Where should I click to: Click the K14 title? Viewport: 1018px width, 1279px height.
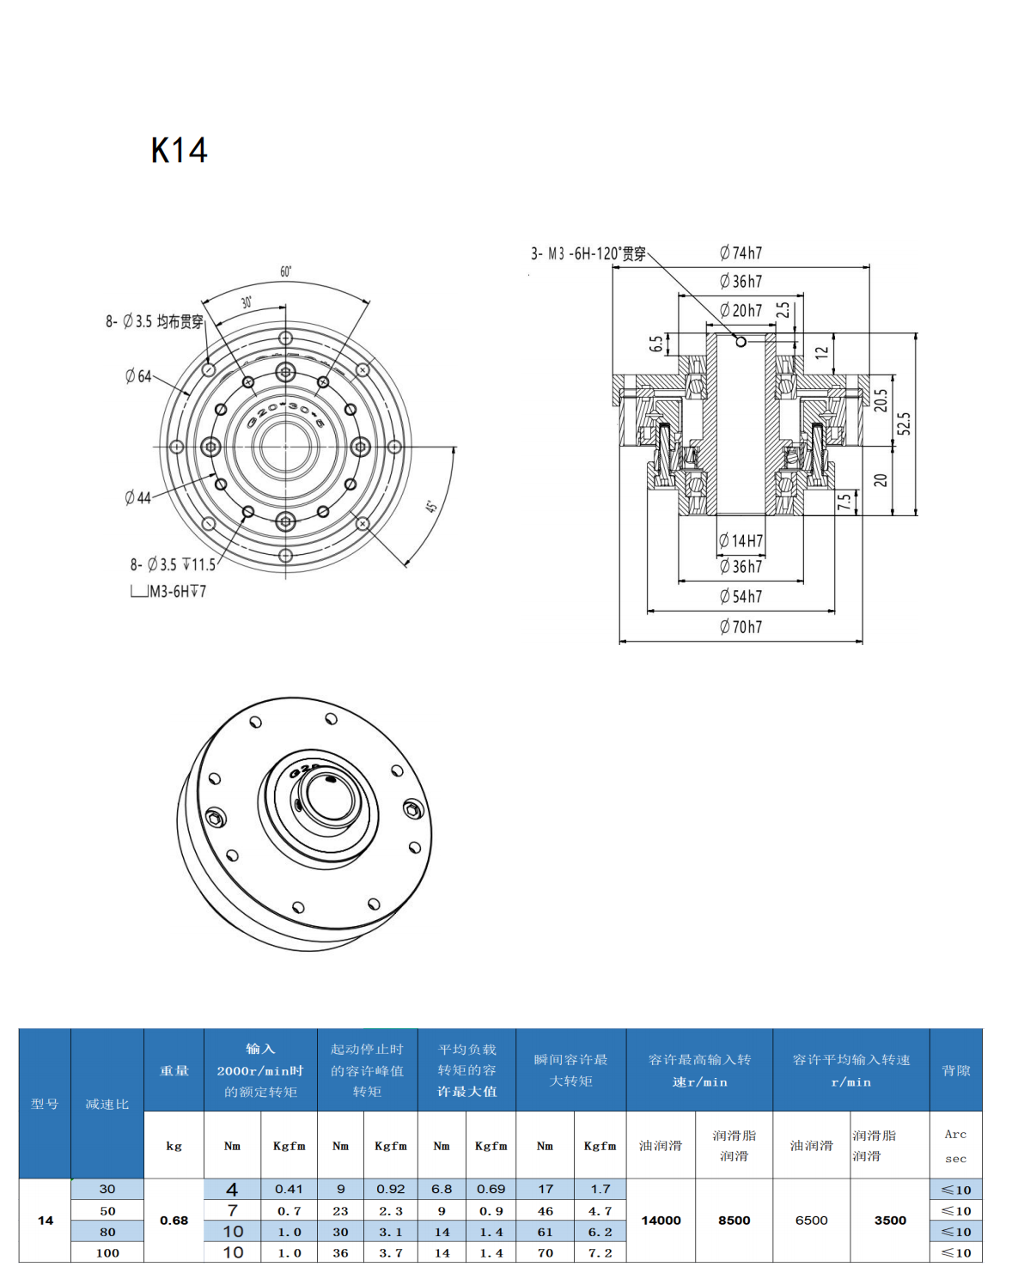pos(179,150)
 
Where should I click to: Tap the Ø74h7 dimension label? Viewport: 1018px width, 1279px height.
pos(741,253)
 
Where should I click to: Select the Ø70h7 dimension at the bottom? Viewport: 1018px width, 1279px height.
pos(741,627)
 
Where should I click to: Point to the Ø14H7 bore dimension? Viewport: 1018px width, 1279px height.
pos(741,540)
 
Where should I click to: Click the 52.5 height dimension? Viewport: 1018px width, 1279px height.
pos(904,424)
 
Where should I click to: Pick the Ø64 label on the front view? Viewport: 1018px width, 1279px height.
pos(137,376)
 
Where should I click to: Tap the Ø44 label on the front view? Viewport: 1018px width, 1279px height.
pos(137,497)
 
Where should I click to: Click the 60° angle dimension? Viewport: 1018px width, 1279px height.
pos(286,271)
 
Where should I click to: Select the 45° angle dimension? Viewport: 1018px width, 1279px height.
pos(432,507)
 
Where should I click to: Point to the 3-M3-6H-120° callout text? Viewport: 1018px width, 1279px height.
pos(588,253)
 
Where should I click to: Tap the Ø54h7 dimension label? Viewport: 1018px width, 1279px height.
pos(741,596)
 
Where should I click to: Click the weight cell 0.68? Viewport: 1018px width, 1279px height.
pos(174,1221)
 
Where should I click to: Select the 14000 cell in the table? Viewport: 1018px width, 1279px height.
pos(661,1221)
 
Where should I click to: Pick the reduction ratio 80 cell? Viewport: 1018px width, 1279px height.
pos(107,1232)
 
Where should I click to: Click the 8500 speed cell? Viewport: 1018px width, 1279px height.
pos(734,1221)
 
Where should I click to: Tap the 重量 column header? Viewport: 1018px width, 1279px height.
pos(174,1070)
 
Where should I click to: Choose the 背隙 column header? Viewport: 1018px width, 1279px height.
pos(955,1070)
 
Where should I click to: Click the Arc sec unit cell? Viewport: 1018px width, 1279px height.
pos(955,1146)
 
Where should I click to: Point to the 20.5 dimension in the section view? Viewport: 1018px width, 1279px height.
pos(881,400)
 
